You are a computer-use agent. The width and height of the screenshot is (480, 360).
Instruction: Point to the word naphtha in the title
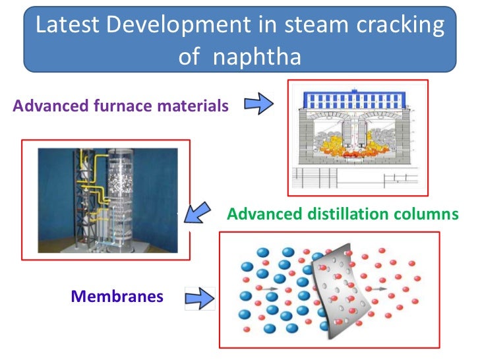[x=258, y=56]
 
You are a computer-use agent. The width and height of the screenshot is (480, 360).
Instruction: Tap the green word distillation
[x=355, y=215]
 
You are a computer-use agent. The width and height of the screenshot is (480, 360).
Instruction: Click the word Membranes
[x=117, y=296]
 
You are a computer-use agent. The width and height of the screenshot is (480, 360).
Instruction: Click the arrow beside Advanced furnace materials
[x=258, y=104]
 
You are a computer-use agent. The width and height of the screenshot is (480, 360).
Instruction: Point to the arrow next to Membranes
[x=200, y=297]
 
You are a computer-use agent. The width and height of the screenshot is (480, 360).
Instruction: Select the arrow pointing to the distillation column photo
[x=197, y=216]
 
